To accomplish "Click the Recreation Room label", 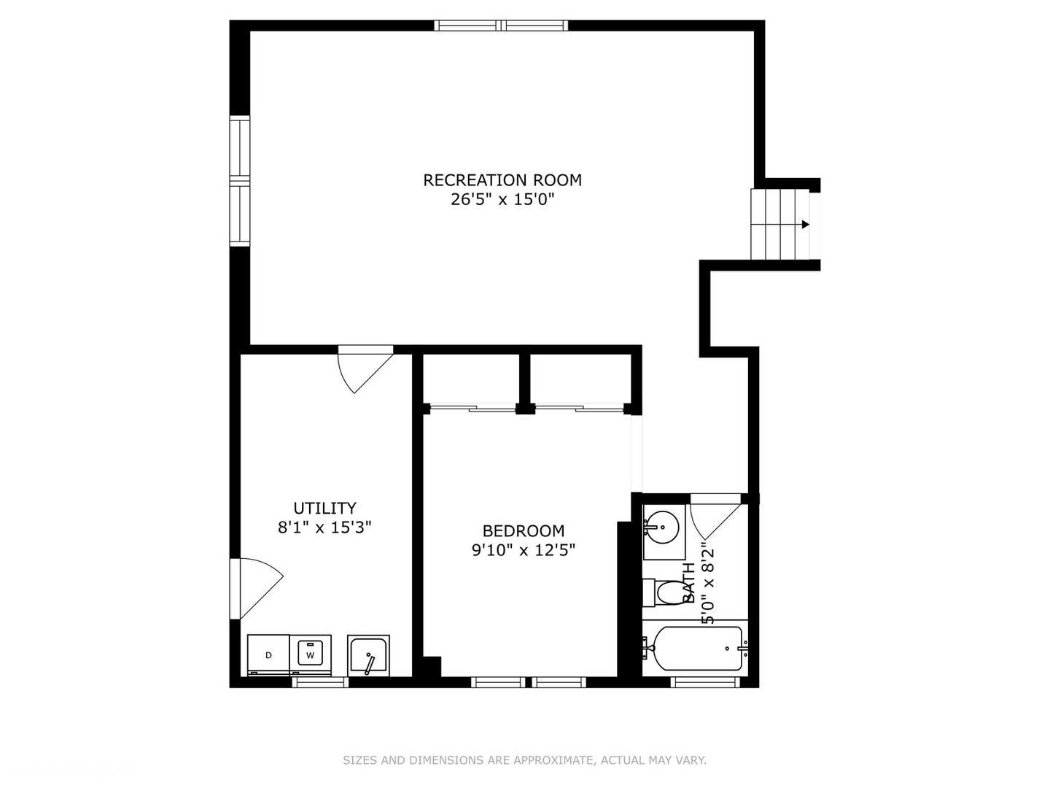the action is [x=502, y=180].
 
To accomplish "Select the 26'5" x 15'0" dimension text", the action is [x=502, y=199].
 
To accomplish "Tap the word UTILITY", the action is [x=324, y=508].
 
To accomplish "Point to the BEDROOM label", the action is [x=524, y=531].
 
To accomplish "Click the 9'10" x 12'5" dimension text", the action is [x=524, y=551].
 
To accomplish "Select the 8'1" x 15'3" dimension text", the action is [x=324, y=528].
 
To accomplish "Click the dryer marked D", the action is [x=268, y=655].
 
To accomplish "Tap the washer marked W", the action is [x=311, y=655].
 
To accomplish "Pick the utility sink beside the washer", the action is [x=368, y=655].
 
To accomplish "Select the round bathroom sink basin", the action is [x=663, y=528].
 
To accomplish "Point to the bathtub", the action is [x=696, y=649].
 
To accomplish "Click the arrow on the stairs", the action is [x=806, y=225].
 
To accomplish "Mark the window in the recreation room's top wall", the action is [x=502, y=26].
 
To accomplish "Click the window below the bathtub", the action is [x=706, y=682].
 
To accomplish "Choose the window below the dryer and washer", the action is [x=320, y=682].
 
